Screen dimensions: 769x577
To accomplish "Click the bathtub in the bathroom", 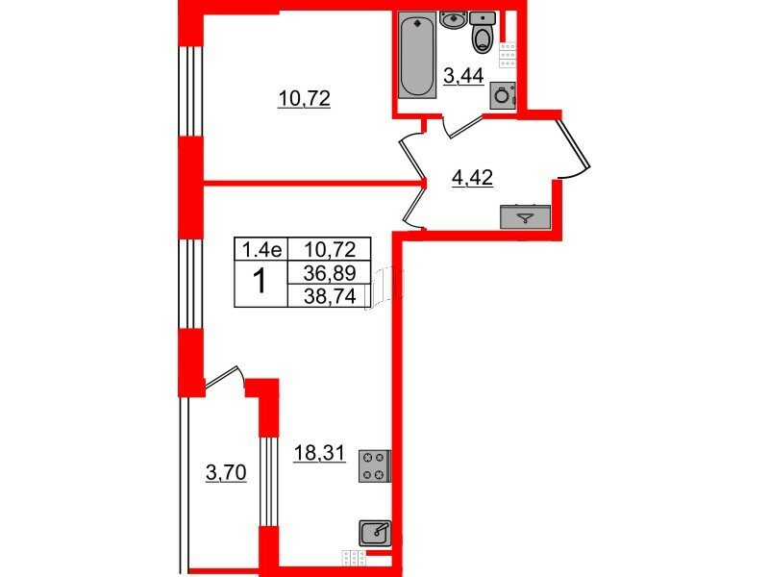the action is click(417, 54).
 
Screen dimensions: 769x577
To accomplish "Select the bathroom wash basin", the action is click(454, 20).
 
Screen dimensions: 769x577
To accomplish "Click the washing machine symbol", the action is click(503, 95).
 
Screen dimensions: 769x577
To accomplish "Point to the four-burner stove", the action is click(375, 465).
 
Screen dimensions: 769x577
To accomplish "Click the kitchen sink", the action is click(375, 534).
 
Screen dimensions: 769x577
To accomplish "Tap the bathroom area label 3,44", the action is click(463, 77).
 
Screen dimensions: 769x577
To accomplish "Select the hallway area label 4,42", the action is click(472, 178).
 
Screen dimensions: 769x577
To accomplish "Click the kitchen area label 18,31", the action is click(319, 453).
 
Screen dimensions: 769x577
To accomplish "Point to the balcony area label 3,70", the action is click(226, 473).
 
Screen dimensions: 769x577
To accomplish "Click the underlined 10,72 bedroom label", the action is click(304, 99).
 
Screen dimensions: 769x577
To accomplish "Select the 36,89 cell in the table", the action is click(330, 273).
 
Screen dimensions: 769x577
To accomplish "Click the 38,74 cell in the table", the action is click(330, 296).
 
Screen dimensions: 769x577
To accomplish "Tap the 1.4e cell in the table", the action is click(261, 250).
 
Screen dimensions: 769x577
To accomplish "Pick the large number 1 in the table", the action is click(260, 283).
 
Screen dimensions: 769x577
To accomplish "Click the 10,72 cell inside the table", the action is click(330, 250).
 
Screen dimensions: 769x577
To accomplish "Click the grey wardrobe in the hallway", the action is click(525, 217).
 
